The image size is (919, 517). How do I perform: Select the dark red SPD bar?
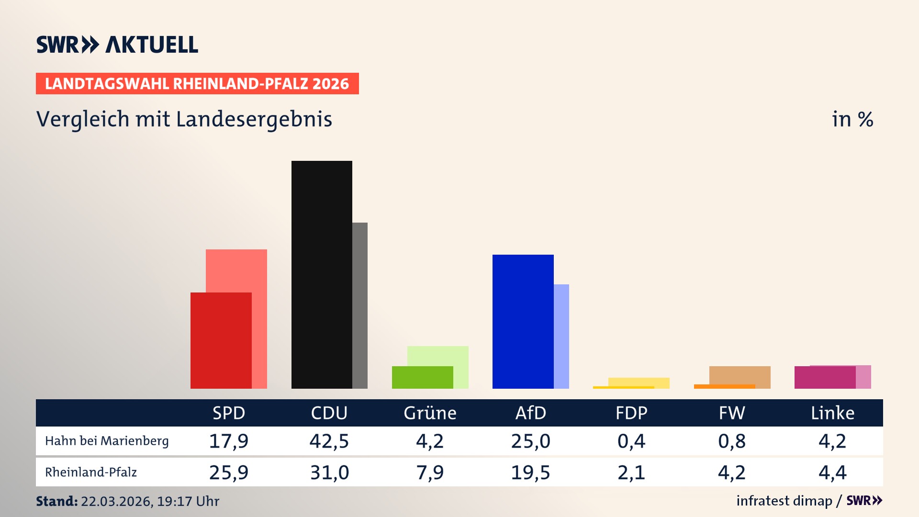tap(221, 340)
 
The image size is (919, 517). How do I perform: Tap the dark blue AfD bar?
tap(523, 321)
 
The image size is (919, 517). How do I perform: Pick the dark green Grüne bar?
tap(422, 377)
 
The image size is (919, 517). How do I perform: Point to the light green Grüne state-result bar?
tap(438, 356)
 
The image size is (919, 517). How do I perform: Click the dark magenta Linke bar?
tap(825, 377)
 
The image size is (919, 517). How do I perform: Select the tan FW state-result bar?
tap(740, 375)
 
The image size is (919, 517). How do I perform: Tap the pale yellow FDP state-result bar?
tap(639, 382)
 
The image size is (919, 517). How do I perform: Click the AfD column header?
tap(530, 413)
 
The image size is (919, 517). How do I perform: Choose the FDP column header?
tap(631, 413)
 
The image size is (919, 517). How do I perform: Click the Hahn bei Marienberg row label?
tap(107, 441)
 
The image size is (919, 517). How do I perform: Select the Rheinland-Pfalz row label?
tap(91, 472)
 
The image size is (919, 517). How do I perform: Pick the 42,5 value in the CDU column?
tap(329, 441)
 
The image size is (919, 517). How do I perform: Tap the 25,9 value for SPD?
tap(229, 472)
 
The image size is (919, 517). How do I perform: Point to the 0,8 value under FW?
tap(731, 441)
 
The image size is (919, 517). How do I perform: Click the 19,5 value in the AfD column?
tap(530, 472)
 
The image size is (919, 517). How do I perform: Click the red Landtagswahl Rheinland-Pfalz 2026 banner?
tap(197, 84)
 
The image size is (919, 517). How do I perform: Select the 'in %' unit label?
tap(852, 119)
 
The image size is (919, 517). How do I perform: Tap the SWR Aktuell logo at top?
tap(117, 45)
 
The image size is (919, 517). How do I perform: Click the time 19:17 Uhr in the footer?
tap(188, 501)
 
